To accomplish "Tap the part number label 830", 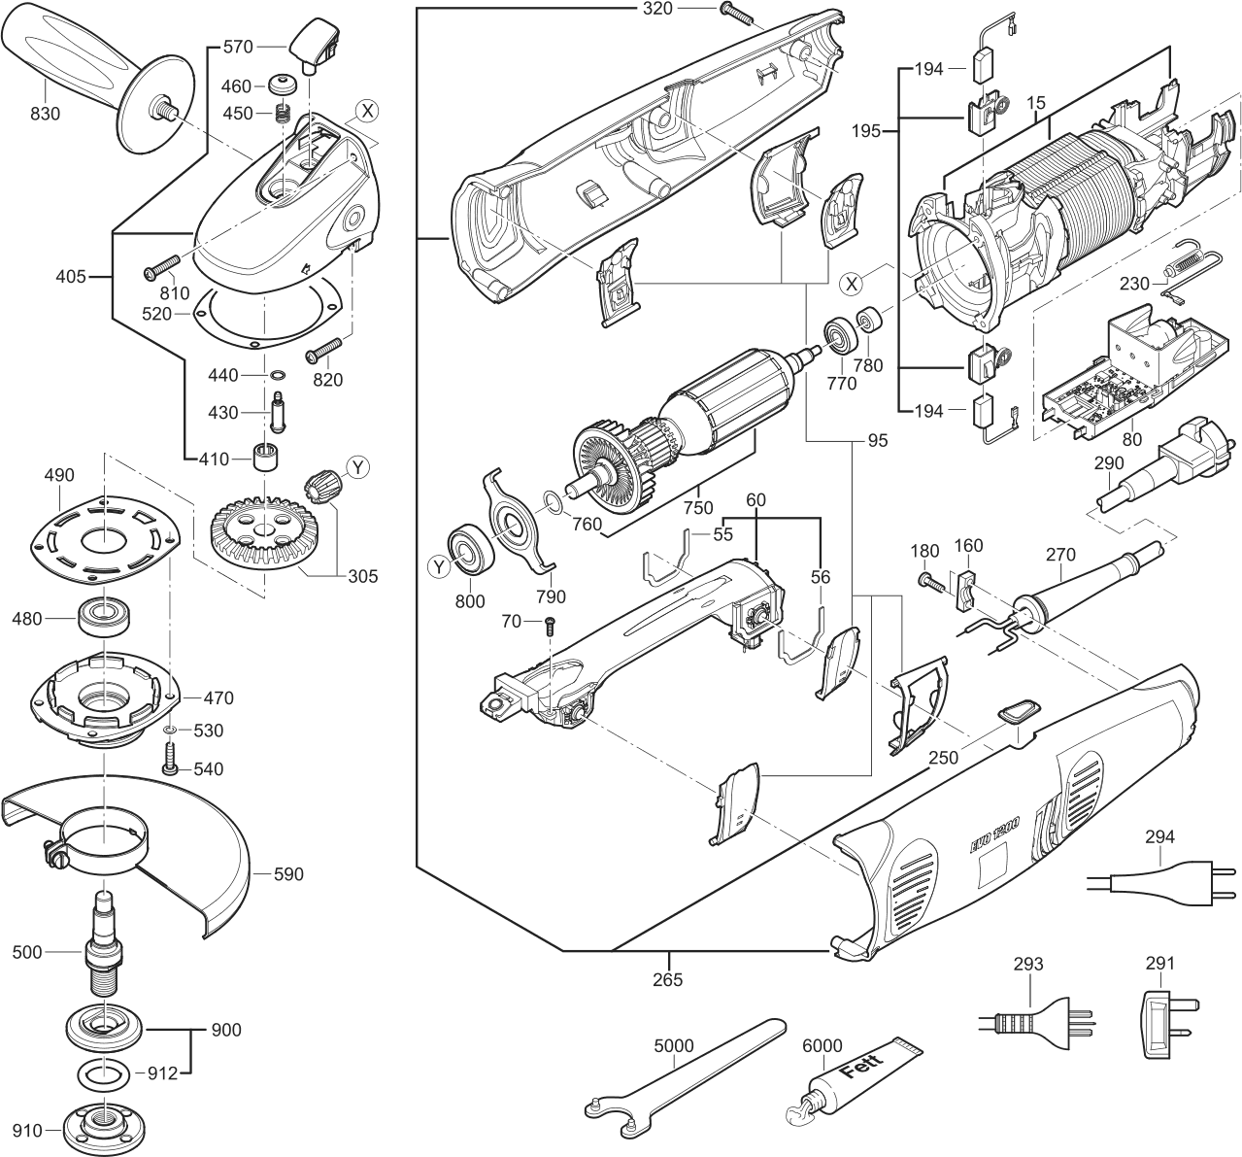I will coord(45,114).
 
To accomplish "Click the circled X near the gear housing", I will coord(365,111).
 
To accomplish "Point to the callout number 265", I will coord(668,979).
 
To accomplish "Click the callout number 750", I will coord(697,507).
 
